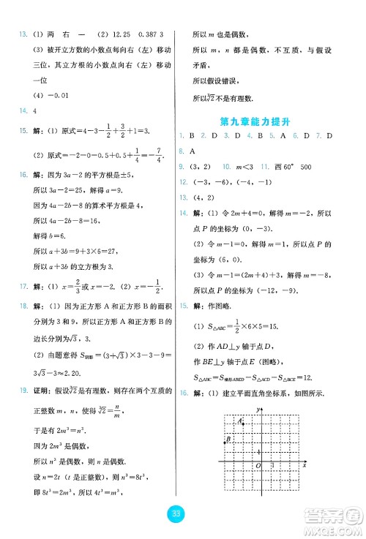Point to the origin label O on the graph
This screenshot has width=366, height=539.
coord(256,465)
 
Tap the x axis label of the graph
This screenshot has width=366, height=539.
coord(304,465)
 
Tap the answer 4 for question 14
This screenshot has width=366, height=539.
coord(34,111)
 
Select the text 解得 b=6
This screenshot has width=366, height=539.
coord(51,237)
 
